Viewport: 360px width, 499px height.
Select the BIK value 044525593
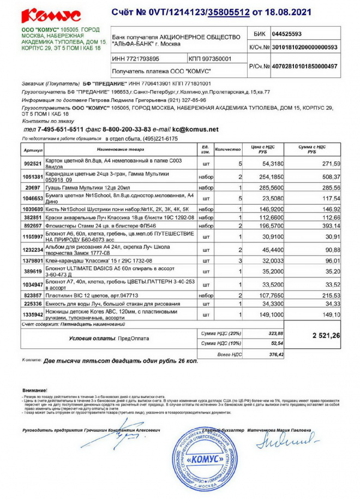point(291,34)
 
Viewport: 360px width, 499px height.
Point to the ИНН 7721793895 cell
point(136,58)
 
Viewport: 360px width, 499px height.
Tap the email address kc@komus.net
point(195,129)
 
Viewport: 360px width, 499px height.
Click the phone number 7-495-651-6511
point(60,129)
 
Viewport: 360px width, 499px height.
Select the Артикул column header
point(33,148)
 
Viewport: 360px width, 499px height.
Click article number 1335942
point(32,314)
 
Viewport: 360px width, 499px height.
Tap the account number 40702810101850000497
point(304,66)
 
